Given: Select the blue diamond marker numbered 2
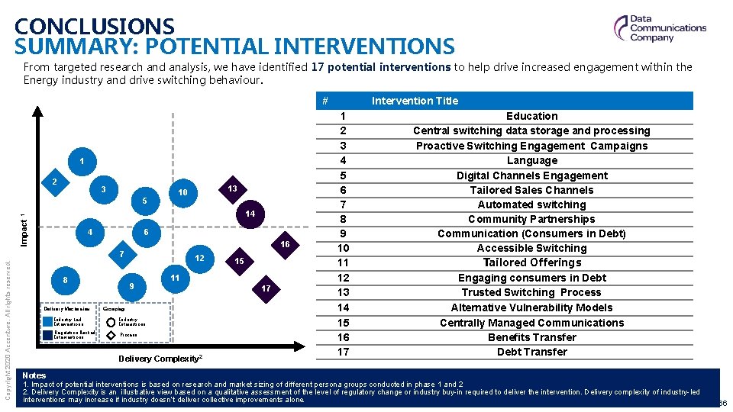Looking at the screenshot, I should point(55,183).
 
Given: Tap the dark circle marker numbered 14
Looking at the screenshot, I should point(250,214).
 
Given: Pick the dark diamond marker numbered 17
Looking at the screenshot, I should point(265,288).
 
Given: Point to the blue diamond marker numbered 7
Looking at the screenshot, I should point(121,253).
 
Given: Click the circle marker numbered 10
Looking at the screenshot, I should point(183,192).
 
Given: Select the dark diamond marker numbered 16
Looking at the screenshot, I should point(283,244).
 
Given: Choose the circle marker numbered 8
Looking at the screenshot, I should point(65,280).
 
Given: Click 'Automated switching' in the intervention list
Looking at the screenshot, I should point(531,204).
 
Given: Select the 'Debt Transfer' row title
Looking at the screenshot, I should point(531,352).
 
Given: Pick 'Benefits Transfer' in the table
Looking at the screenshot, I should point(531,337).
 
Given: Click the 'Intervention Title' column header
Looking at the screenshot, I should point(415,101).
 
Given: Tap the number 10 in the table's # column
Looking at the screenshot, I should point(343,249).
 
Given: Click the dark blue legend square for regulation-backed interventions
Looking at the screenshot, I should point(48,334).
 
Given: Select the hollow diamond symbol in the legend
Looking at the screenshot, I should point(111,334).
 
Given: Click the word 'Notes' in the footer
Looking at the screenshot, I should point(34,375).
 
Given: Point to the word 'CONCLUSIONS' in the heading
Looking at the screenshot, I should point(95,27).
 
